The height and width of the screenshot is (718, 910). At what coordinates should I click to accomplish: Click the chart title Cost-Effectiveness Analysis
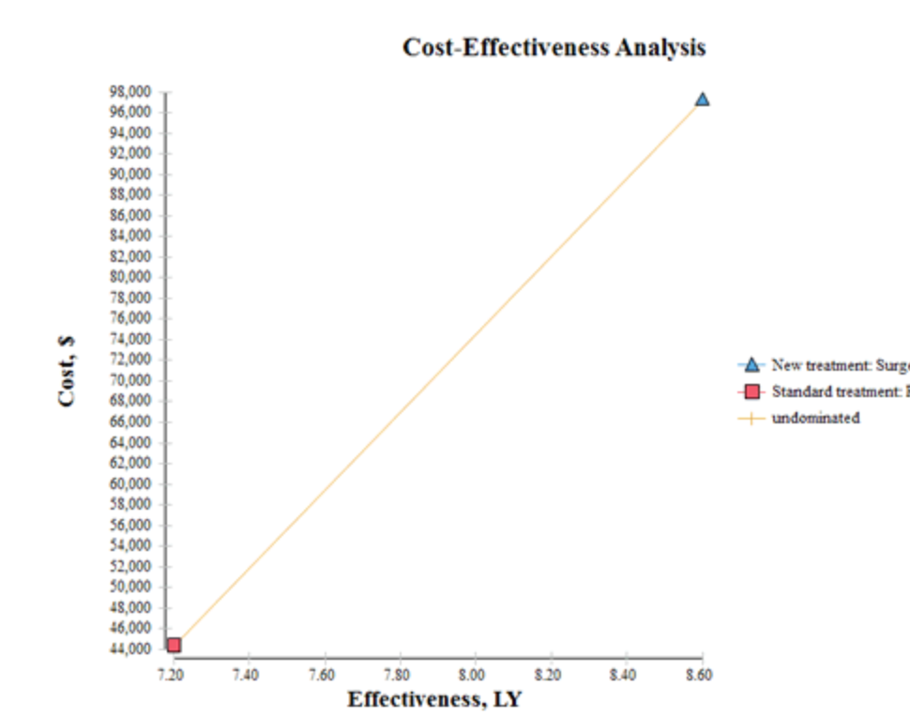pyautogui.click(x=554, y=48)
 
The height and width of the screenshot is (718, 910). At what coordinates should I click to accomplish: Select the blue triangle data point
pyautogui.click(x=702, y=99)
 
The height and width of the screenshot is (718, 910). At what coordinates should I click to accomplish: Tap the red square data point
pyautogui.click(x=174, y=645)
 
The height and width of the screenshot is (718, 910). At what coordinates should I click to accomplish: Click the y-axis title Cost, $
pyautogui.click(x=67, y=373)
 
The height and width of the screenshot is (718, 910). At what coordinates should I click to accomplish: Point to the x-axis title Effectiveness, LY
pyautogui.click(x=434, y=699)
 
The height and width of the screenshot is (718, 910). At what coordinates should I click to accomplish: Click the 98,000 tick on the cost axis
pyautogui.click(x=132, y=92)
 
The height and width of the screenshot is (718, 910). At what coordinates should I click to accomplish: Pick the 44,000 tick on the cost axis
pyautogui.click(x=132, y=649)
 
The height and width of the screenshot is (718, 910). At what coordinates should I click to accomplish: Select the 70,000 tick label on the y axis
pyautogui.click(x=132, y=381)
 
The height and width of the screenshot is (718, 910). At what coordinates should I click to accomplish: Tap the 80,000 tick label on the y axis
pyautogui.click(x=132, y=278)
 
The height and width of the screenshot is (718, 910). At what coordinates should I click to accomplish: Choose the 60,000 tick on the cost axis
pyautogui.click(x=132, y=484)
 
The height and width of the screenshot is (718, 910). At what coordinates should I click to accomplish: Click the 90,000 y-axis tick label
pyautogui.click(x=132, y=175)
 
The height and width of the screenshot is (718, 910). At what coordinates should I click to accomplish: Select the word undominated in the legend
pyautogui.click(x=815, y=419)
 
